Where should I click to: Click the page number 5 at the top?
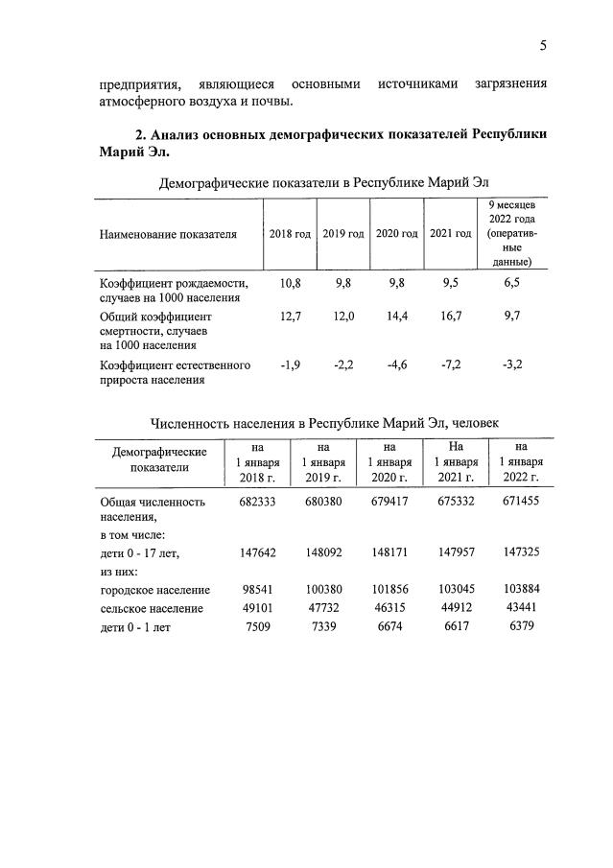pyautogui.click(x=543, y=45)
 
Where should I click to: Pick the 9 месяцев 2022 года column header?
pyautogui.click(x=512, y=233)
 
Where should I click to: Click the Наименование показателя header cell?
pyautogui.click(x=168, y=234)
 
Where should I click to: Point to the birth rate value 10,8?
pyautogui.click(x=290, y=283)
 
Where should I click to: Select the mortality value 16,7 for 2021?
pyautogui.click(x=451, y=315)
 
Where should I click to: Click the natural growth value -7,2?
pyautogui.click(x=451, y=364)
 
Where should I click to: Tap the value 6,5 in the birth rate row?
pyautogui.click(x=512, y=283)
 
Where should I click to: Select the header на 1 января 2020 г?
pyautogui.click(x=389, y=461)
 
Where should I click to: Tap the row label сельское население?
pyautogui.click(x=152, y=608)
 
